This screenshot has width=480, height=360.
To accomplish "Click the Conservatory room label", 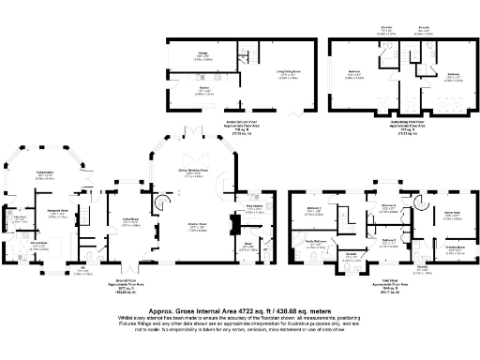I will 44,172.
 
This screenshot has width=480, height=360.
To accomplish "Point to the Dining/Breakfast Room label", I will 194,170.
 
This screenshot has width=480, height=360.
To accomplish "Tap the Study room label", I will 249,245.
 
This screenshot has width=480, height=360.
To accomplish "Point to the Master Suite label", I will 449,212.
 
